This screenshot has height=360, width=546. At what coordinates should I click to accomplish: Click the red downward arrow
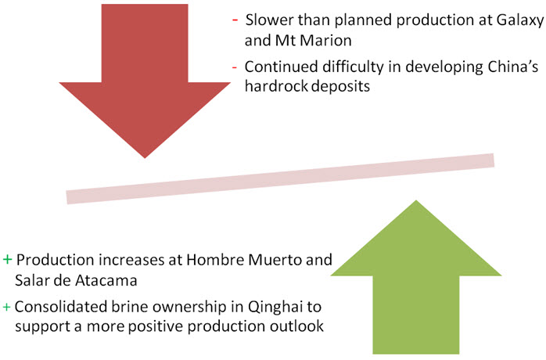[x=145, y=80]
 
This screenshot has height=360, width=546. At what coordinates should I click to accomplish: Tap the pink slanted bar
[x=280, y=178]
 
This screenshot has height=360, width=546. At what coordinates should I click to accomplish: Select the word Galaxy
[x=520, y=20]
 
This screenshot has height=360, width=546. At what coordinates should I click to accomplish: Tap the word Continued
[x=282, y=67]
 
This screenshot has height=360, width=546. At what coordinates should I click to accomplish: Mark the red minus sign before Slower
[x=235, y=20]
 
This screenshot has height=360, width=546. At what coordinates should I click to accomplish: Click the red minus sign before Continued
[x=235, y=67]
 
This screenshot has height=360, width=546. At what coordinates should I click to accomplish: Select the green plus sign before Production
[x=7, y=260]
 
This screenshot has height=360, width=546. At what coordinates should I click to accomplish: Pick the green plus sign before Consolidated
[x=6, y=307]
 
